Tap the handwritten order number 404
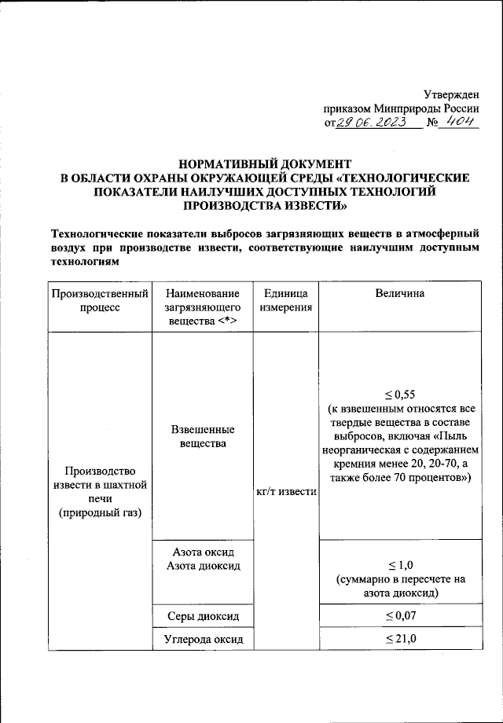458,123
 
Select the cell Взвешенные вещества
203,437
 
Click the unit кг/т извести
286,492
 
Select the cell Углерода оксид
203,639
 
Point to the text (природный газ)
100,514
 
